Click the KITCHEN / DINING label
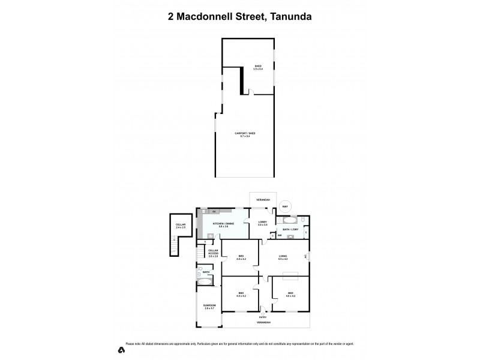pos(223,225)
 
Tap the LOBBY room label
pos(263,223)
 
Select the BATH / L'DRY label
pos(291,229)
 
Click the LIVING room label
pos(283,258)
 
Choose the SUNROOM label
pos(209,307)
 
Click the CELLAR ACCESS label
pos(213,254)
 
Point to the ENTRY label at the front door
pos(263,316)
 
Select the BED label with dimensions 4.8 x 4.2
pos(290,295)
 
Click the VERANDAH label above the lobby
pos(263,199)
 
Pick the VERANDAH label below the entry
pos(264,323)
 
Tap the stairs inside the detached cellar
pos(174,243)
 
